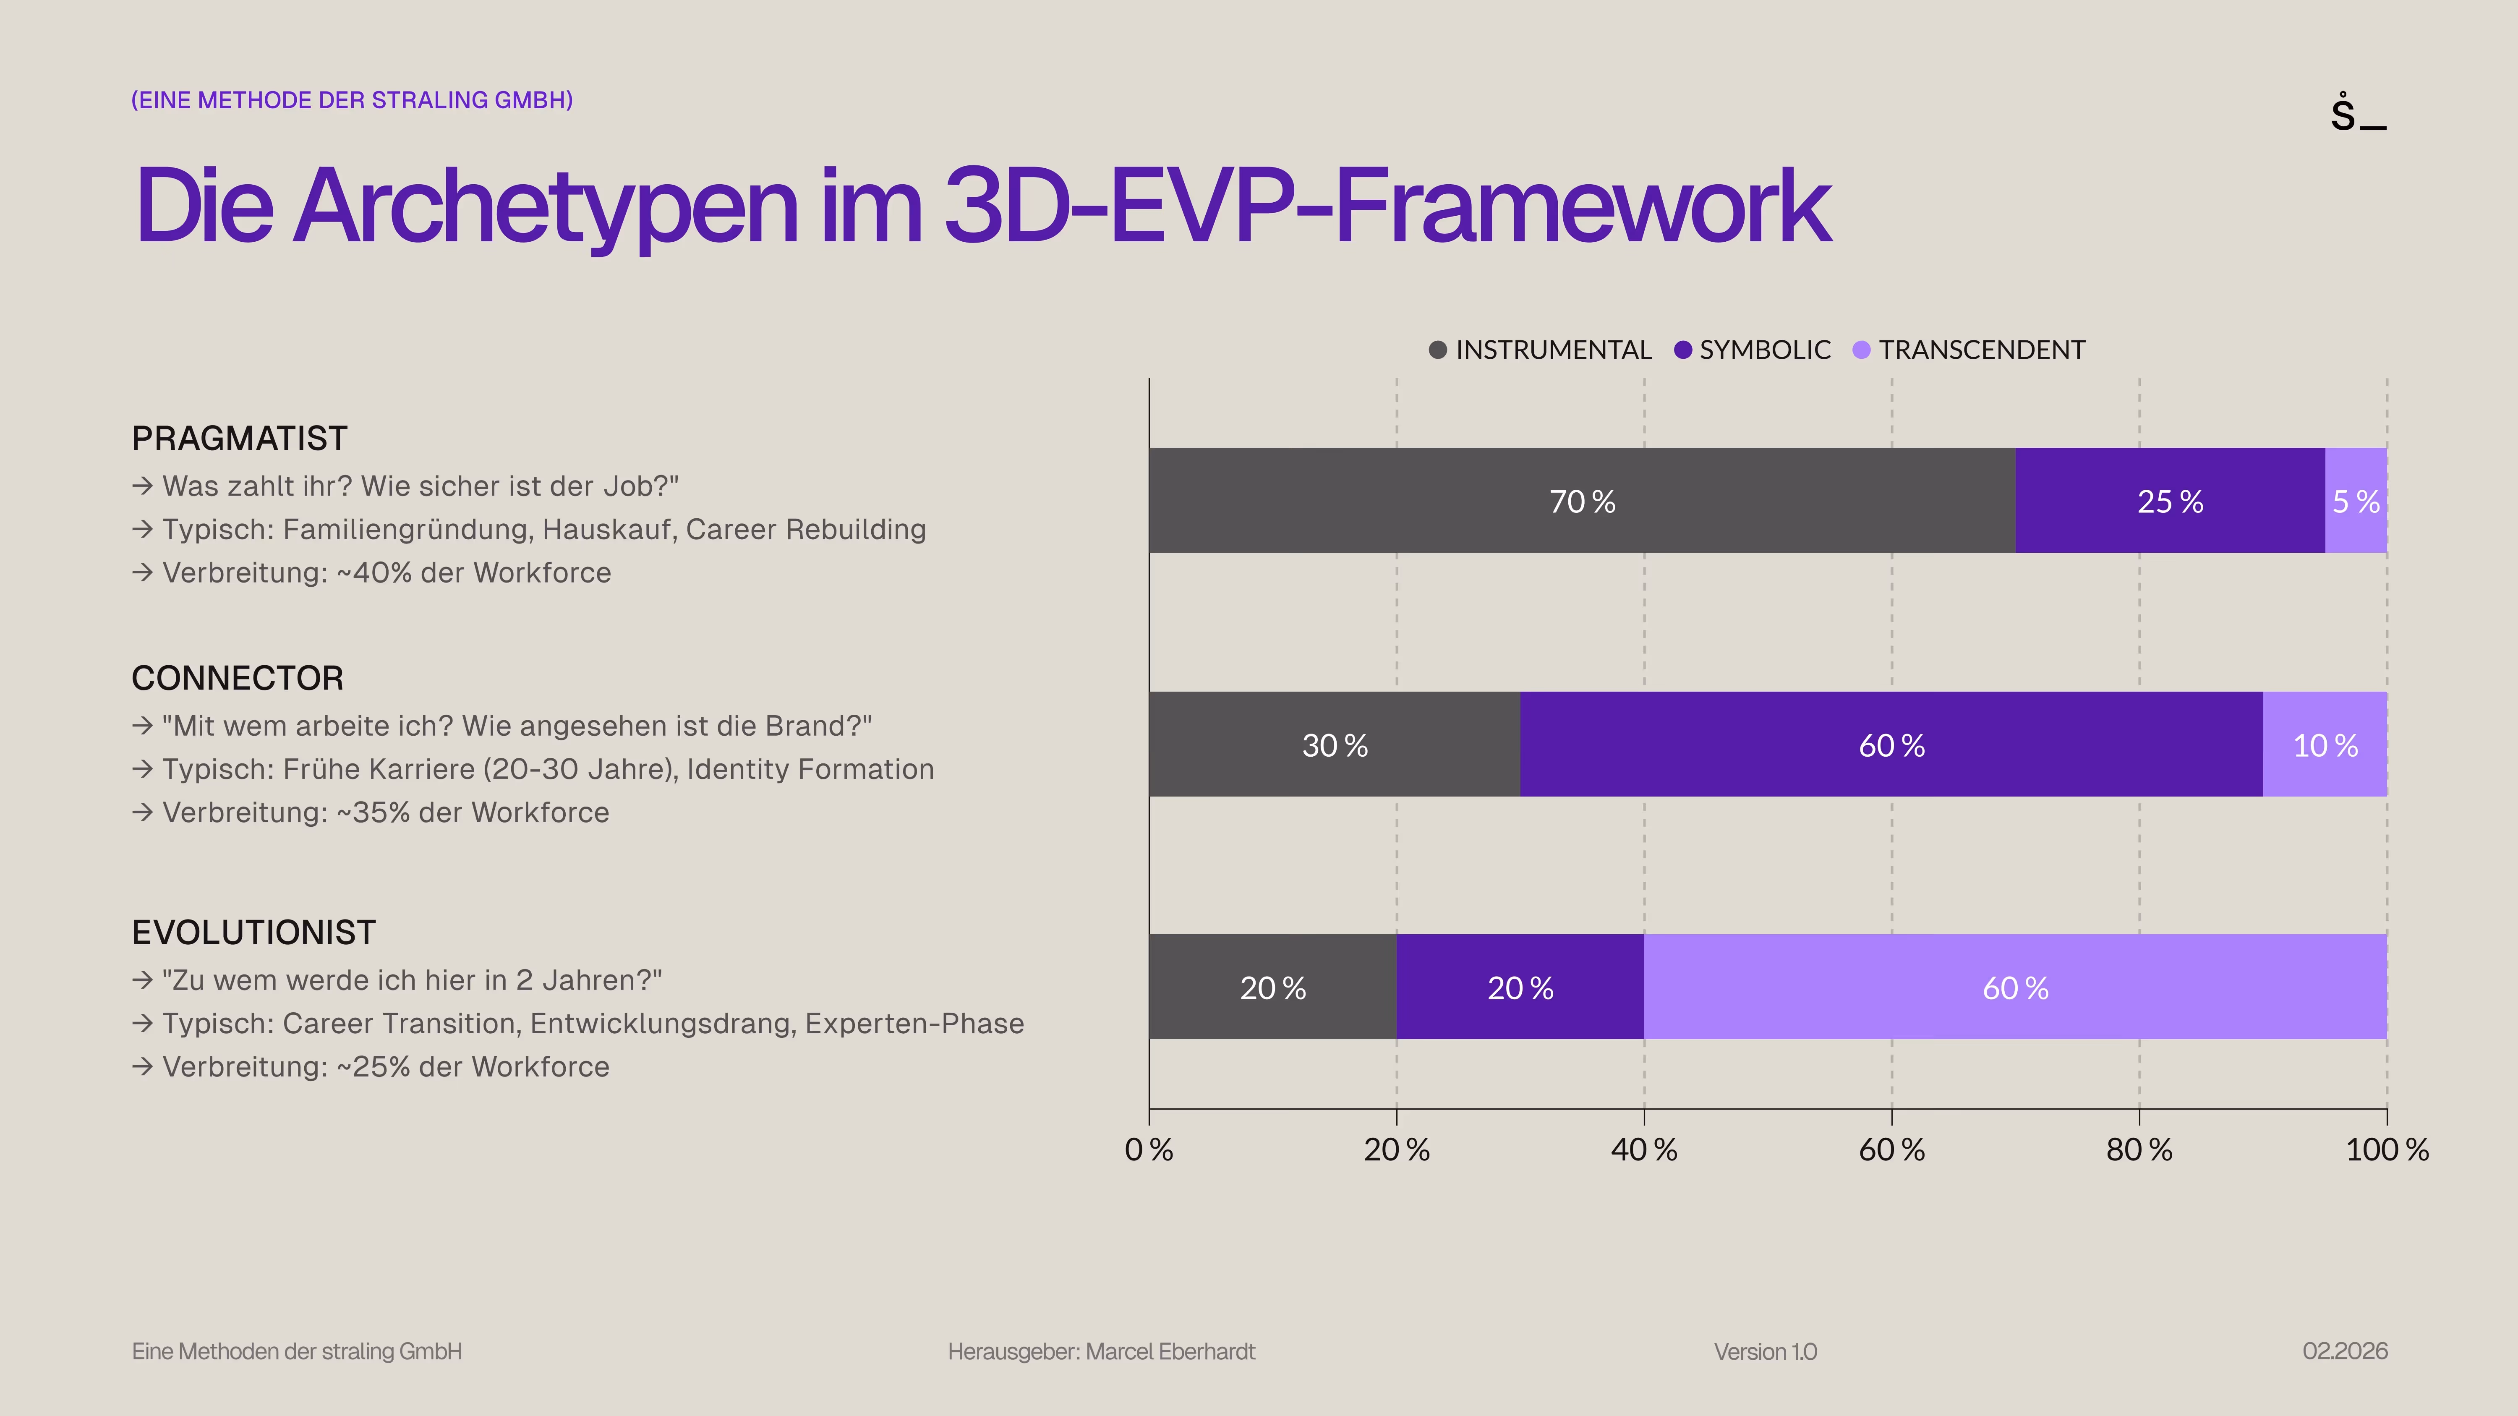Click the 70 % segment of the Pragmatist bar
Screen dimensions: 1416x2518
[x=1582, y=500]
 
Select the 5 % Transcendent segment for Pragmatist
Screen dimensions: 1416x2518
[x=2356, y=500]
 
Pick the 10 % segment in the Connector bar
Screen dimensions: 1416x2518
[x=2325, y=745]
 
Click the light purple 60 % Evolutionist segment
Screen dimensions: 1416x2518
[x=2014, y=987]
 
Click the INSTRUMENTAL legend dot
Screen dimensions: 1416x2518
[x=1437, y=350]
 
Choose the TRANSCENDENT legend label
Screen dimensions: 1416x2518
[x=1981, y=350]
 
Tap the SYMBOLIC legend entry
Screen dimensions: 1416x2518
[x=1763, y=350]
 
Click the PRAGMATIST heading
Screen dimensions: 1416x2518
[x=240, y=439]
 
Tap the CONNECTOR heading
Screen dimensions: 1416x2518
[x=238, y=678]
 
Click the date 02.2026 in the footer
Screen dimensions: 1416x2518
[x=2344, y=1351]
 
